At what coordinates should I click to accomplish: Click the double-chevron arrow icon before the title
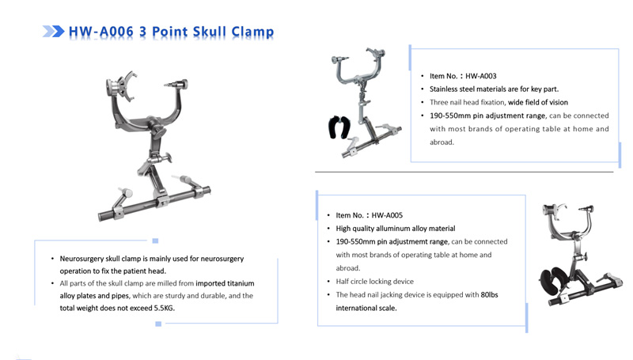click(53, 31)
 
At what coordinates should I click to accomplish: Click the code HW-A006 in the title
click(101, 32)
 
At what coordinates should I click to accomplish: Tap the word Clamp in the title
click(252, 32)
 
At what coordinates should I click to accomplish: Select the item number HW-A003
click(481, 76)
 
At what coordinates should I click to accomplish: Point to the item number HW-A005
click(387, 215)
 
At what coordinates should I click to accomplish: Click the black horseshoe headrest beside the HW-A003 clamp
click(339, 127)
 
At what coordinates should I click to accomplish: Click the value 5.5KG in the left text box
click(164, 308)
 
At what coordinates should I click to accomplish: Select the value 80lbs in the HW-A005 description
click(489, 294)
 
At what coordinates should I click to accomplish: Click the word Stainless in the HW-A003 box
click(444, 89)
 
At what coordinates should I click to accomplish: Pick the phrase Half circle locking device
click(374, 282)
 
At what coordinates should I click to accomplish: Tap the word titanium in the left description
click(241, 283)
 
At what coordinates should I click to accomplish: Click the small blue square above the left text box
click(155, 241)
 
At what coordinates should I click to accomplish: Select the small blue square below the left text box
click(158, 324)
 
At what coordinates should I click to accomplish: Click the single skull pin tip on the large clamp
click(166, 85)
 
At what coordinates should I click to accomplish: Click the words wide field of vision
click(538, 103)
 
